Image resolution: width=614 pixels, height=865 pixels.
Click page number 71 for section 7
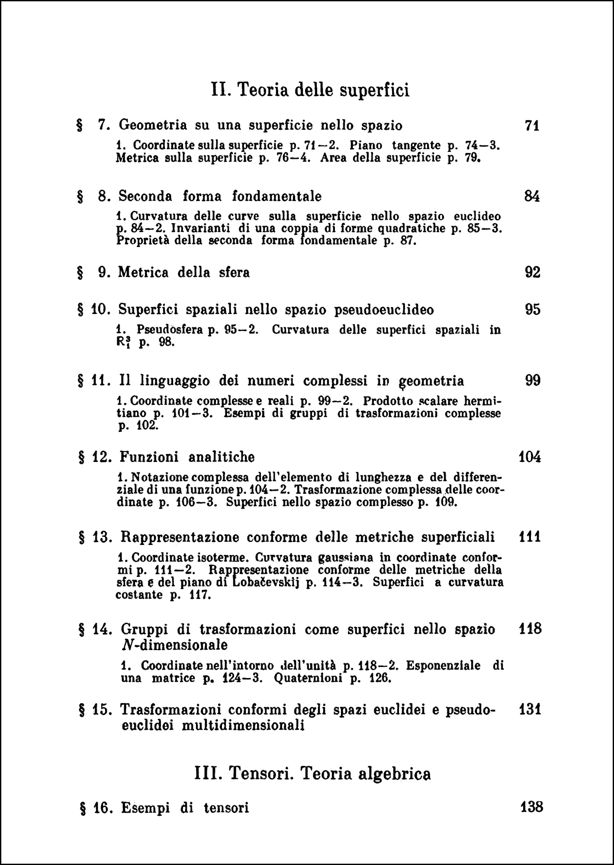532,126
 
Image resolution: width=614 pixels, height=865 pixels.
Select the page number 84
532,197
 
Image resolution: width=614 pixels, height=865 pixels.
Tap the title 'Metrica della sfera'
184,273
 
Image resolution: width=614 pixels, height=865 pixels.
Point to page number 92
532,273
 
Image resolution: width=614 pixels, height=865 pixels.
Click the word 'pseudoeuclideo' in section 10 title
384,310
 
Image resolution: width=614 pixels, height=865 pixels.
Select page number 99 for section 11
533,381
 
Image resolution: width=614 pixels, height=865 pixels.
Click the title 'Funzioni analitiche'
187,457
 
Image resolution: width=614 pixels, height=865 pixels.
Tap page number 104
530,457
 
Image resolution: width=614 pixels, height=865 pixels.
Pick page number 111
530,537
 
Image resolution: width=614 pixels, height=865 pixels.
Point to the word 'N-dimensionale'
174,645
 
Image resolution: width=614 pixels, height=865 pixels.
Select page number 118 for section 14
530,629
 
